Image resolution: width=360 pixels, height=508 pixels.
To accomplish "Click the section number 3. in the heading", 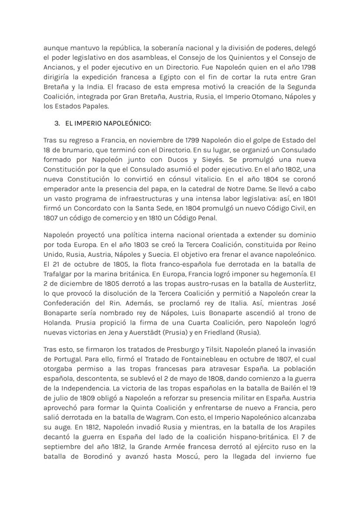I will [57, 123].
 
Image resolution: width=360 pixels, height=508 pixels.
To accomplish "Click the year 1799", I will [173, 141].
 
